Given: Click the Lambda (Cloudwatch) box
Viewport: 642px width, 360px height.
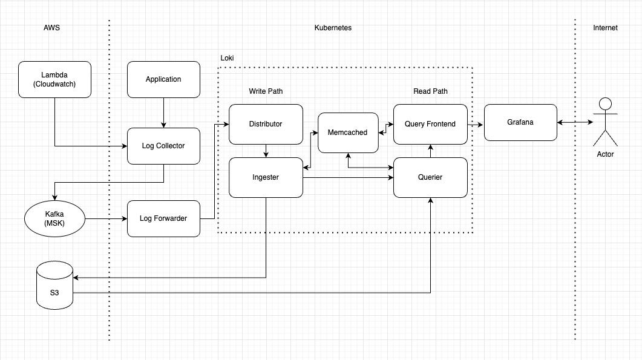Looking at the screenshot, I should point(54,79).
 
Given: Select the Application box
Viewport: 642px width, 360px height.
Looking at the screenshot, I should point(163,79).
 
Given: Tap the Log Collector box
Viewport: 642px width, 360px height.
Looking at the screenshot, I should point(163,146).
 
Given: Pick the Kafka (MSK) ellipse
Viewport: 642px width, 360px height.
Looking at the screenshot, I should point(54,218).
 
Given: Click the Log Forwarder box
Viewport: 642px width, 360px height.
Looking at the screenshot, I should point(163,218).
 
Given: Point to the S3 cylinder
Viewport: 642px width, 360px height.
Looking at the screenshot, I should point(54,285).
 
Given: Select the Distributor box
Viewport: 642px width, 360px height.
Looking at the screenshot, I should point(266,124).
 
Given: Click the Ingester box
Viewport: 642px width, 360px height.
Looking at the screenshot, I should point(266,177).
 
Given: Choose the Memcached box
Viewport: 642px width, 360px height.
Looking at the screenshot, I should point(347,133).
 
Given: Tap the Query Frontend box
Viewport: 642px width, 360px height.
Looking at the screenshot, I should point(430,124).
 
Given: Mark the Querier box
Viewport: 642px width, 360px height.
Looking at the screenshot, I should point(430,177).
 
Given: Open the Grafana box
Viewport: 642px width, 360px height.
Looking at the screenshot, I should point(521,122).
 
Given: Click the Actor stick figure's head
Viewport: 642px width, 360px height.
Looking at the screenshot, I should point(605,103).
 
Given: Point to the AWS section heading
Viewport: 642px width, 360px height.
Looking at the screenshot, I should point(52,28).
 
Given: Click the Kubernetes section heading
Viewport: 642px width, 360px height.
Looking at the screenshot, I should point(333,28).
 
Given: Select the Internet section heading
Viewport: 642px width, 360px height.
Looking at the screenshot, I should point(605,28).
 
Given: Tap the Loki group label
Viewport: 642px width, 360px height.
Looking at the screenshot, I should point(227,58).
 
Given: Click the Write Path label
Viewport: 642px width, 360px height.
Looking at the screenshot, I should point(266,91).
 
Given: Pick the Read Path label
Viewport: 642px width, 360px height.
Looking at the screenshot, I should point(430,91).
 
